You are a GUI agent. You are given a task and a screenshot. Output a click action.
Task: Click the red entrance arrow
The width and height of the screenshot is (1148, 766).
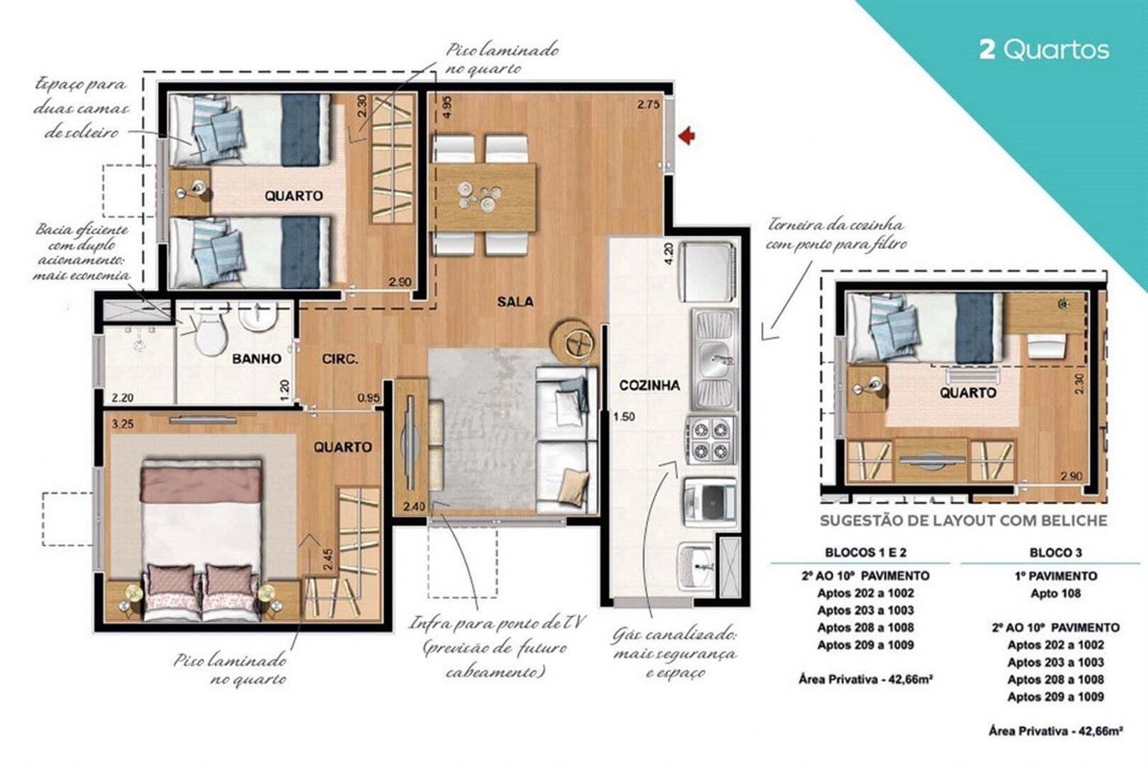[686, 136]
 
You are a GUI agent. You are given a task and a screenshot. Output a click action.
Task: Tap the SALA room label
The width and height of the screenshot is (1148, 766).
[515, 302]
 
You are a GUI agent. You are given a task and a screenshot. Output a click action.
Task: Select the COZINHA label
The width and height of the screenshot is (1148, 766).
[649, 385]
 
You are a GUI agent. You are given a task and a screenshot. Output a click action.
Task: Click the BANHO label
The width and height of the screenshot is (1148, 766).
[257, 359]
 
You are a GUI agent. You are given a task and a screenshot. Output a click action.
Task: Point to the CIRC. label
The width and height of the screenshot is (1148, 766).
[340, 359]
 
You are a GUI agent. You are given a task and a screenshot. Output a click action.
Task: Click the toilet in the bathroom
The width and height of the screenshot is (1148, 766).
[211, 331]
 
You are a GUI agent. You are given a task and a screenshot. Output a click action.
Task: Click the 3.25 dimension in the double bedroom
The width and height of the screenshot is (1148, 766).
[122, 424]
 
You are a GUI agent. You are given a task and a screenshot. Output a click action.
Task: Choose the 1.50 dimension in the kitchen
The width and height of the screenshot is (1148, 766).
[624, 417]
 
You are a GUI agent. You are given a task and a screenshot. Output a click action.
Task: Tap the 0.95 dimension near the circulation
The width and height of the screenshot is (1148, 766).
[369, 397]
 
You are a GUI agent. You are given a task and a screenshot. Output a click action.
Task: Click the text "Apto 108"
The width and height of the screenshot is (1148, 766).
[1055, 593]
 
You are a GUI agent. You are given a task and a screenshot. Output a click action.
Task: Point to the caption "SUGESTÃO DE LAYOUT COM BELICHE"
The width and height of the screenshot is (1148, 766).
[964, 521]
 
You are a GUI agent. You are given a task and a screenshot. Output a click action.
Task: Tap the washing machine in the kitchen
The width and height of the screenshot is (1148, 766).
[710, 501]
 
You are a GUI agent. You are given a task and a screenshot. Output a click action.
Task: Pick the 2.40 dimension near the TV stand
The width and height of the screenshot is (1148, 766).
[414, 507]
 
